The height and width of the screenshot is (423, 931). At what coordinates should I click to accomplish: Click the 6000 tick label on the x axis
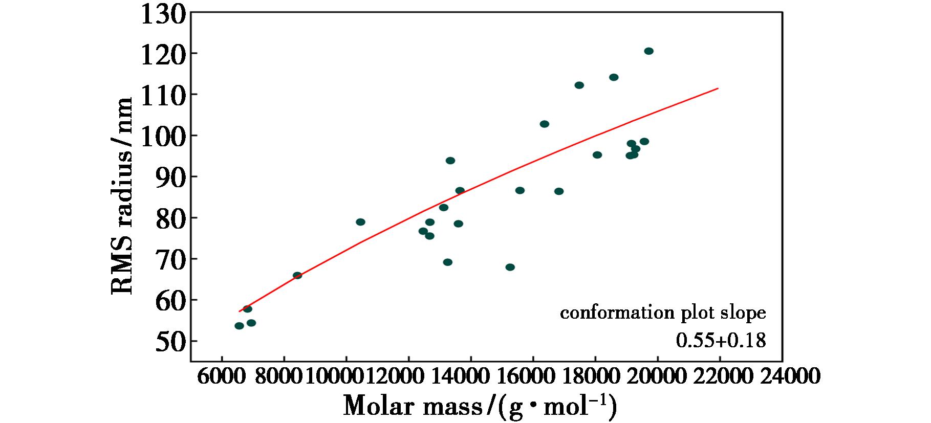222,378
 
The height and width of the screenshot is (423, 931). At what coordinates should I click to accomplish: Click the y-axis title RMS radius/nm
122,196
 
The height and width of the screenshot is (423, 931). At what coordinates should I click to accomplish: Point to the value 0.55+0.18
721,340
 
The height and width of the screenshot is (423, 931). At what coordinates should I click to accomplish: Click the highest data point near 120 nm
648,51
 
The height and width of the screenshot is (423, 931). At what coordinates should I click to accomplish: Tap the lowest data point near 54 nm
239,326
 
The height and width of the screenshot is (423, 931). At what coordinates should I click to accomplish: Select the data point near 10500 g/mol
360,222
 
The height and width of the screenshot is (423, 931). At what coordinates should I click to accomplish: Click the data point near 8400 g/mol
297,275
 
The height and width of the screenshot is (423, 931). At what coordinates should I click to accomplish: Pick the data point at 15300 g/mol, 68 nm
510,268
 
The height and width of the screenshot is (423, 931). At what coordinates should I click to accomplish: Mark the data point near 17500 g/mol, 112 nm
579,85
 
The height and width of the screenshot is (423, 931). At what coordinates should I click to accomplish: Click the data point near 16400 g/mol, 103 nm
544,124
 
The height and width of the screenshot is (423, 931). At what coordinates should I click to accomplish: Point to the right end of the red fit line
718,88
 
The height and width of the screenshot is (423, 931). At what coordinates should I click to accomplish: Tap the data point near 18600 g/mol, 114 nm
614,77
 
